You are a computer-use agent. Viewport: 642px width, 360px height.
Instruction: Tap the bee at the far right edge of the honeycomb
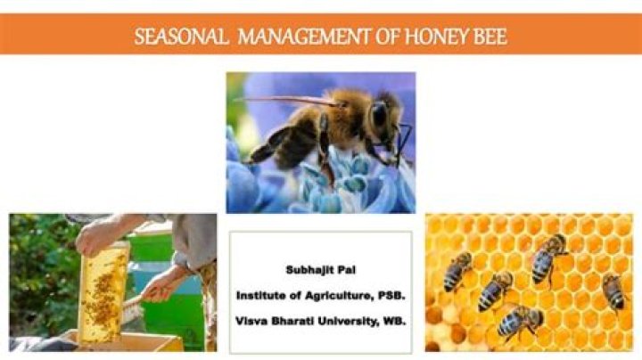click(x=613, y=290)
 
